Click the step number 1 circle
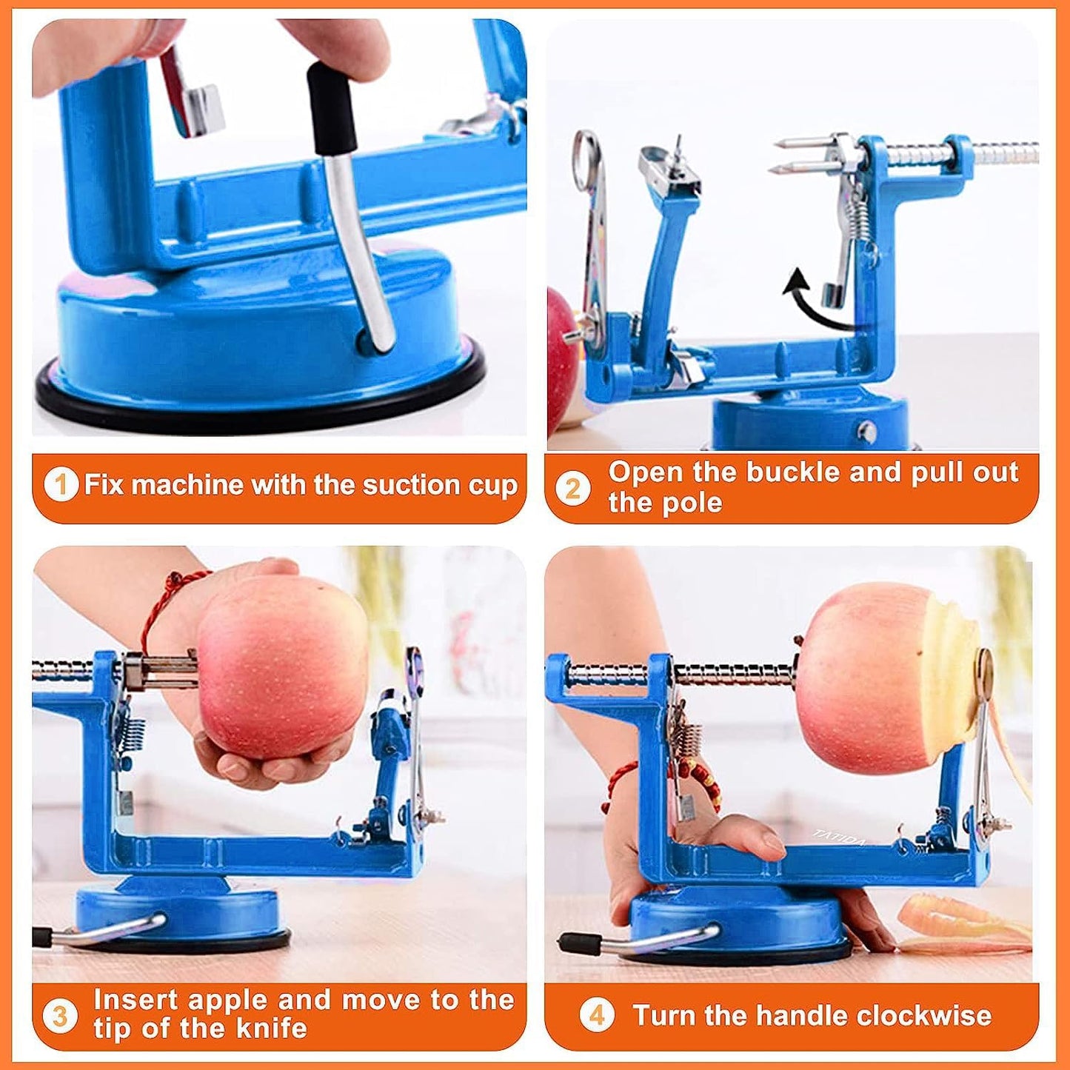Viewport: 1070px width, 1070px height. click(61, 485)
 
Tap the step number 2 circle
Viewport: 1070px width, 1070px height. click(573, 489)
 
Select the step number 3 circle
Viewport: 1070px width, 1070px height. click(60, 1015)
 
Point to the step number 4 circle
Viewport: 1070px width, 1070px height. click(596, 1015)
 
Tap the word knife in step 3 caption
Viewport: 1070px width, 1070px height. click(270, 1029)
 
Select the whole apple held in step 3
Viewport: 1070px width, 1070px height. click(281, 666)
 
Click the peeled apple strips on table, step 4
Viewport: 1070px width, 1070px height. click(963, 926)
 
